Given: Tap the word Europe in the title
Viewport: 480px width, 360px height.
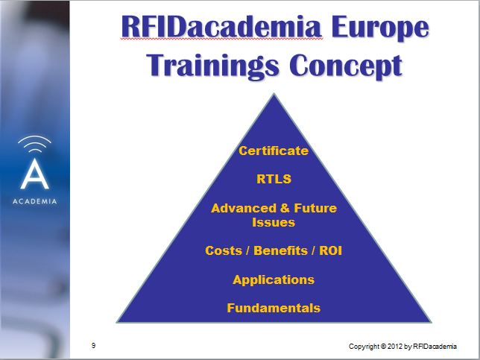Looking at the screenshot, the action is [x=380, y=28].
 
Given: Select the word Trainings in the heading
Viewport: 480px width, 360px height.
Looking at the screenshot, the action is [x=213, y=66].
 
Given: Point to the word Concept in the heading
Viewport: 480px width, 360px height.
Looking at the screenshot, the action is [x=346, y=66].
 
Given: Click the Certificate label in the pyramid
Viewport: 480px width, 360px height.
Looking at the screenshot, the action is [x=274, y=151].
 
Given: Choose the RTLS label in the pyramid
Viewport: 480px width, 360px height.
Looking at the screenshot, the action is [x=274, y=179].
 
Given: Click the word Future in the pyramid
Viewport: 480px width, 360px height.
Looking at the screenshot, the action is [x=315, y=208].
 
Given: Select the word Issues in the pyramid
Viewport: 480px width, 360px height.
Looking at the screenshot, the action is [x=274, y=222].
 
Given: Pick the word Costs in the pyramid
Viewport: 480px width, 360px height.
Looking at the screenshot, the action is [x=224, y=250].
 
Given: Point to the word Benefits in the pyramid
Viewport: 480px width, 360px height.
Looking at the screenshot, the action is [x=280, y=250].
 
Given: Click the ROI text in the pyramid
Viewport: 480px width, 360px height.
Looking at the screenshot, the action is [x=330, y=250].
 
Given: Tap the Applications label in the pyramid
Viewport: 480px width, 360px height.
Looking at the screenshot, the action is [x=274, y=280].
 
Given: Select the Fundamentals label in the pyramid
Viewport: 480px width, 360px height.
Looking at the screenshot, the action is [x=274, y=308].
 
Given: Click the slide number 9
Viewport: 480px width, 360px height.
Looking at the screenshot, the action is [x=93, y=346].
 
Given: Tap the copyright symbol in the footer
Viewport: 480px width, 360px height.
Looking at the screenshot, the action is [x=383, y=347].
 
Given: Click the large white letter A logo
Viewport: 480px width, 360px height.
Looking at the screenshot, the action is [x=34, y=174].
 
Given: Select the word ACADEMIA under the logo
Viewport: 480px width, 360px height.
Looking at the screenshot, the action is [x=34, y=201].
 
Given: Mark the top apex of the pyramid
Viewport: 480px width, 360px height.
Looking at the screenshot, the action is [x=274, y=94].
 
